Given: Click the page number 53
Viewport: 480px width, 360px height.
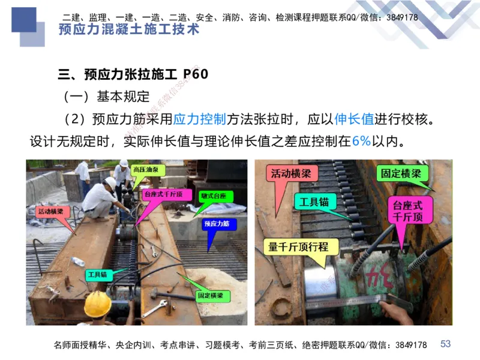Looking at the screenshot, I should [445, 344].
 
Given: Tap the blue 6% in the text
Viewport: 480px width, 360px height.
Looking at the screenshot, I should [362, 142].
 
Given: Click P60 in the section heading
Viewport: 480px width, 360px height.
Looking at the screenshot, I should [196, 74].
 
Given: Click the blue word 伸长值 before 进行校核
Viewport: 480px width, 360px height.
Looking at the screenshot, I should [354, 119].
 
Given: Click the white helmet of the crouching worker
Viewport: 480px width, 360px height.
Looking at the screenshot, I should [110, 182].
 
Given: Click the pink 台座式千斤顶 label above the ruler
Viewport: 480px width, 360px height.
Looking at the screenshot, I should [409, 211].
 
